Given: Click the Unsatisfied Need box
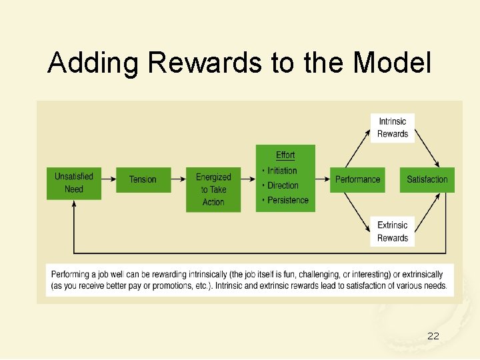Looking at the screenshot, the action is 74,183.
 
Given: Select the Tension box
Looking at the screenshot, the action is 143,179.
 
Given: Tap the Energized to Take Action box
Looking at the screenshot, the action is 213,189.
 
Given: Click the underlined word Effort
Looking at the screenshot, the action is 285,155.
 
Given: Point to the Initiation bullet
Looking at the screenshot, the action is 282,171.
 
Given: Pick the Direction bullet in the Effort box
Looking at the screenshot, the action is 283,185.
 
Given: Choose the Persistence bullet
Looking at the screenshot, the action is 287,200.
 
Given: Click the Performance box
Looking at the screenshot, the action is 357,179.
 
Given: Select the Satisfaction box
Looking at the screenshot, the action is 427,179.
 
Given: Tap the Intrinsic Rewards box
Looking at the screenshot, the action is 393,127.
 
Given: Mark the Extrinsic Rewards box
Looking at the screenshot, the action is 393,231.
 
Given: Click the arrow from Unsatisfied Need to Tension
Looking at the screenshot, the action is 108,179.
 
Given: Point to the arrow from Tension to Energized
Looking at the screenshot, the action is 178,179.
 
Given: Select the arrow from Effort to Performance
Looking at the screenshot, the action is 323,179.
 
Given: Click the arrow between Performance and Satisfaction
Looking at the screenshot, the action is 393,179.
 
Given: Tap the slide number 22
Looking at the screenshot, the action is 433,336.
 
